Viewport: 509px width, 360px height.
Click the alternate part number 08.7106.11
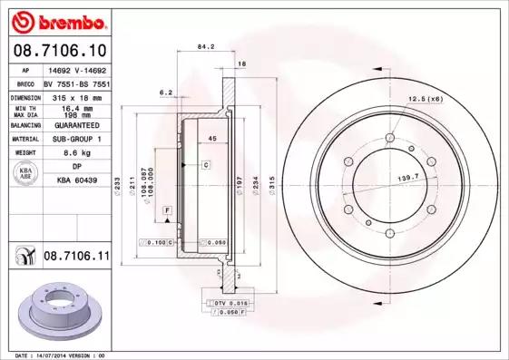(77, 258)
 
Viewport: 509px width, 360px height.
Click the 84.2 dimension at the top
(205, 47)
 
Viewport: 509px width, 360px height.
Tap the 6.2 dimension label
(166, 92)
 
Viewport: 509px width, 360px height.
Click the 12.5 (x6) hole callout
(423, 98)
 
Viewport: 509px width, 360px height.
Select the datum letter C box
(206, 165)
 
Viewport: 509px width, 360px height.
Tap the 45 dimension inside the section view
(212, 138)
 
